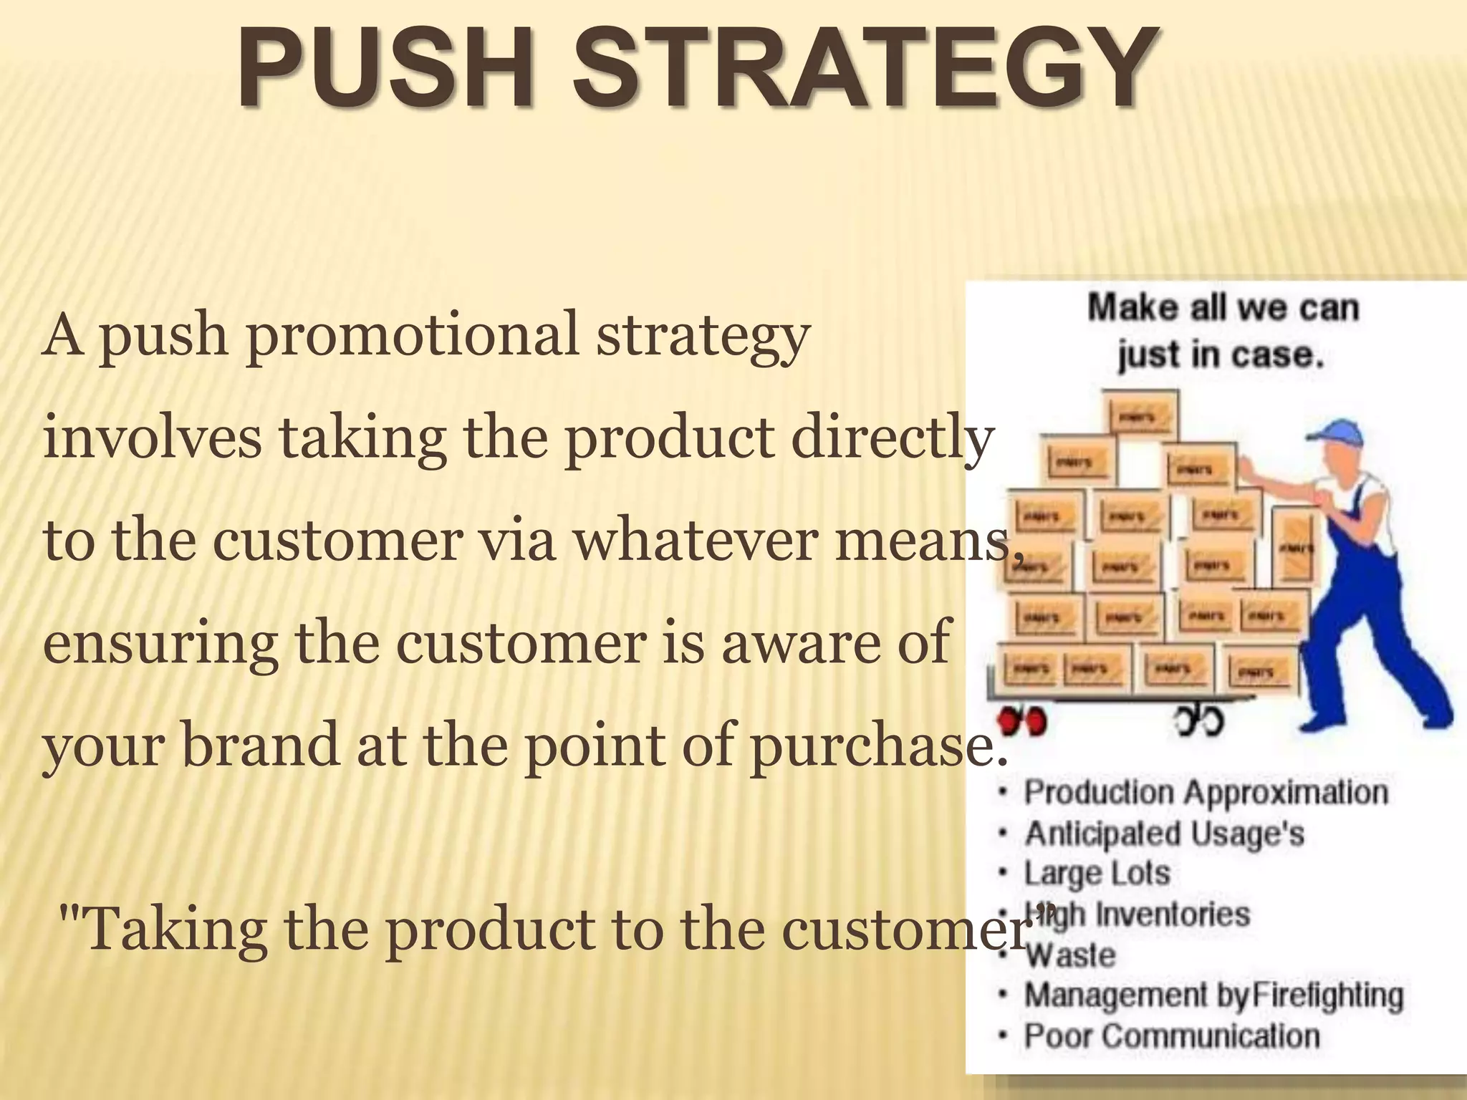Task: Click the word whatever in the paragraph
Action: click(x=696, y=541)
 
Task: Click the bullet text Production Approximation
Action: click(x=1206, y=793)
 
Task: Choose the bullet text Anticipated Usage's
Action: click(x=1164, y=834)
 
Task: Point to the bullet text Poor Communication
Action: click(x=1172, y=1036)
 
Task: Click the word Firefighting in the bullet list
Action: click(x=1333, y=995)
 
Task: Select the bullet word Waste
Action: click(x=1070, y=955)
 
